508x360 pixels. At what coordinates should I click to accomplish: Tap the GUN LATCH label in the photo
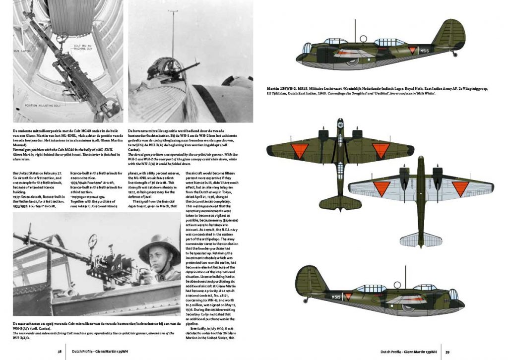point(22,51)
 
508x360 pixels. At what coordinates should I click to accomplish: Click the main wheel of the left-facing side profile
point(352,60)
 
